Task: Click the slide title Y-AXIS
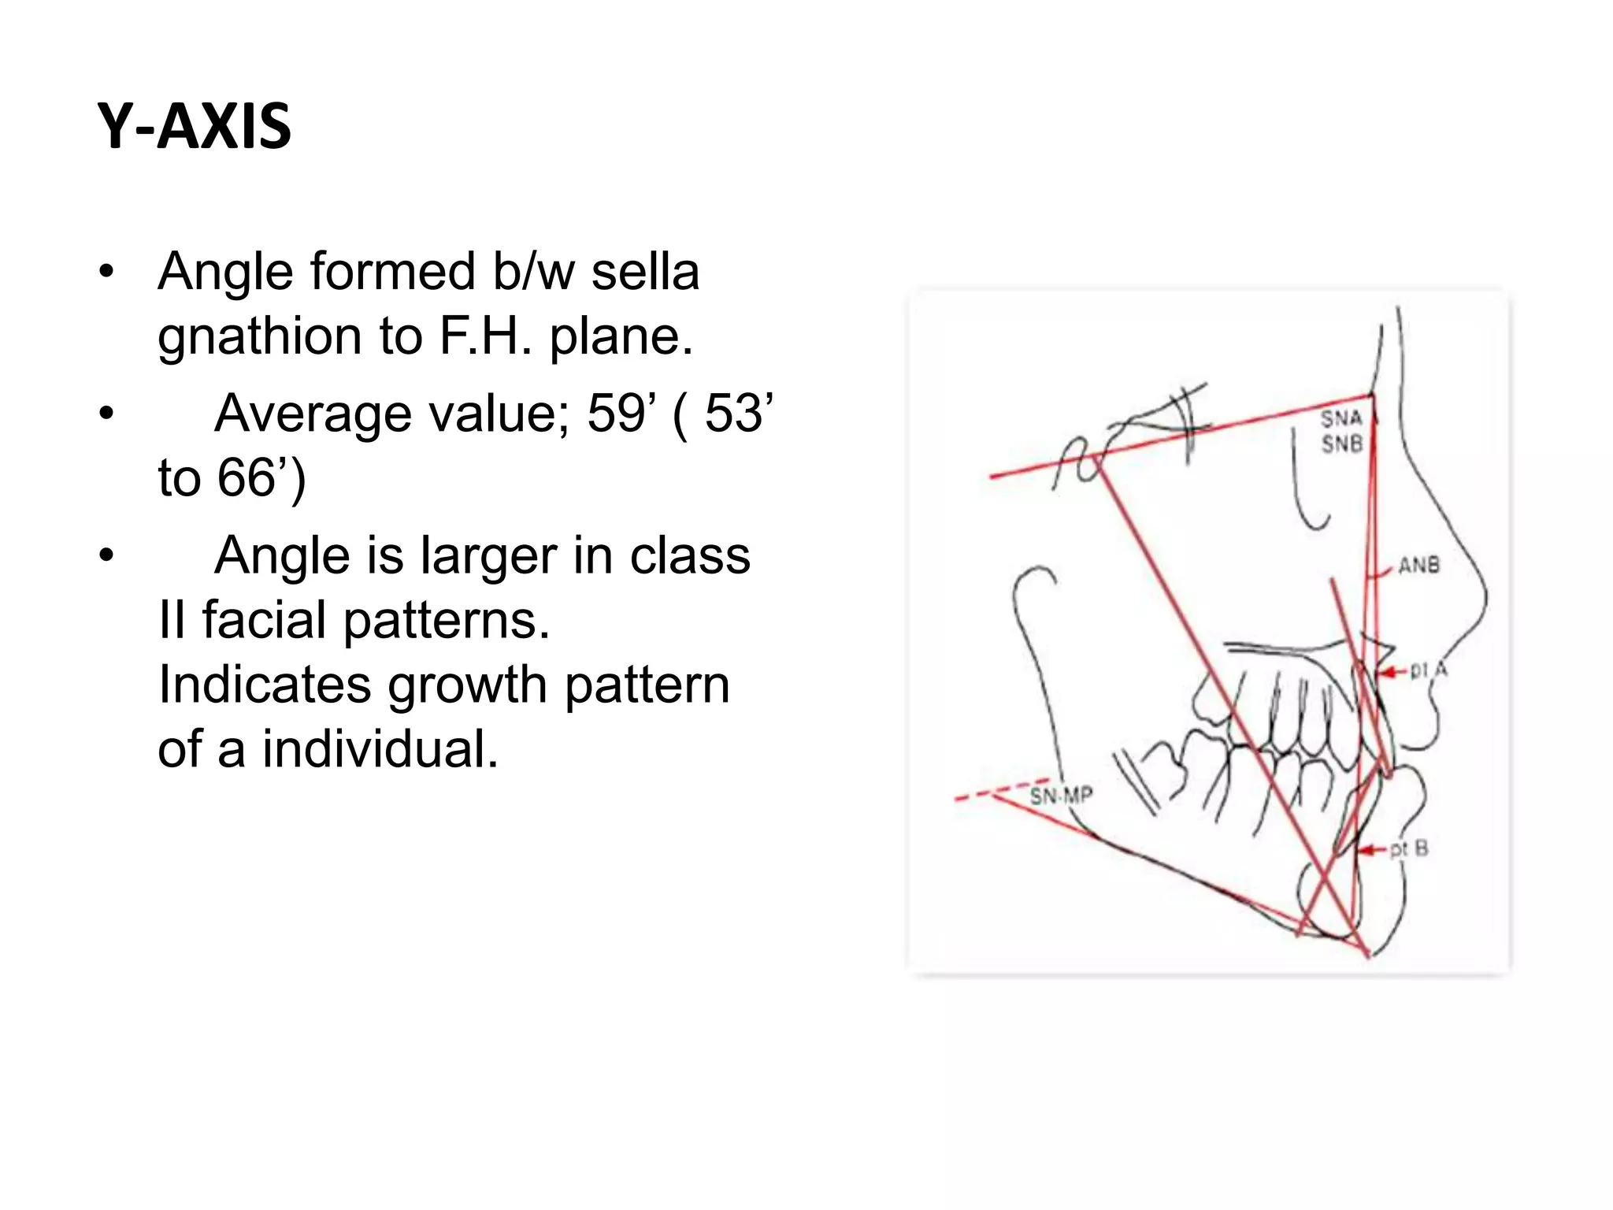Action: (x=195, y=127)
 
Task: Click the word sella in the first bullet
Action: (x=645, y=272)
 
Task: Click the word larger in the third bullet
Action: (x=489, y=555)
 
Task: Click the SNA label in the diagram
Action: (x=1341, y=418)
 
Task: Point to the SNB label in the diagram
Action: (x=1341, y=445)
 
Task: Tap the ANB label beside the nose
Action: (x=1418, y=565)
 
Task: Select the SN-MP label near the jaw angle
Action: (x=1062, y=796)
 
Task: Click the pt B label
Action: (x=1409, y=849)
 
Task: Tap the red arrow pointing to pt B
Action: (x=1373, y=850)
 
